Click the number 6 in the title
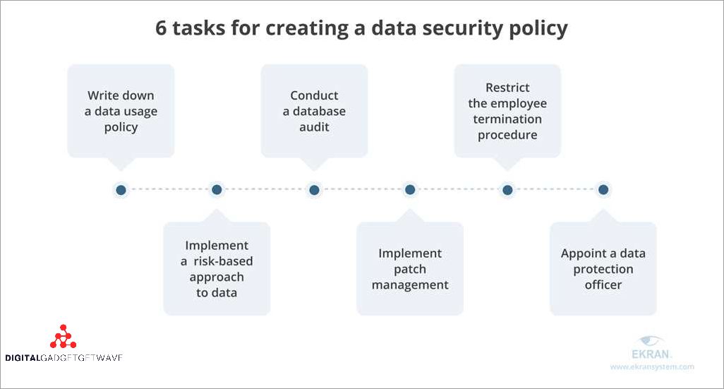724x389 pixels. click(161, 28)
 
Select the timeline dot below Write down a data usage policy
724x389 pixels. click(121, 190)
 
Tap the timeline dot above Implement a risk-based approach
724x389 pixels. click(217, 189)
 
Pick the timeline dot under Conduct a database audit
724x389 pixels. click(314, 190)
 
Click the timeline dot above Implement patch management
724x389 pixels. click(410, 189)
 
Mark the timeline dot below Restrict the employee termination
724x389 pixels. click(507, 190)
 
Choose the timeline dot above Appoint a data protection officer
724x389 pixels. click(603, 189)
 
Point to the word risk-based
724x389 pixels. click(224, 261)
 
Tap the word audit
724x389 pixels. click(314, 127)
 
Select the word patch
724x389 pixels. click(410, 270)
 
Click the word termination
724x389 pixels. click(507, 119)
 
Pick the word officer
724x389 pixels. click(603, 285)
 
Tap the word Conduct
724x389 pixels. click(314, 95)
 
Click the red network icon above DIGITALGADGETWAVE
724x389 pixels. click(64, 336)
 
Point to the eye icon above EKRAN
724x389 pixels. click(650, 341)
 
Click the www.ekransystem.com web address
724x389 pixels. click(652, 367)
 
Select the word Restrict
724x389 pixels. click(507, 88)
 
